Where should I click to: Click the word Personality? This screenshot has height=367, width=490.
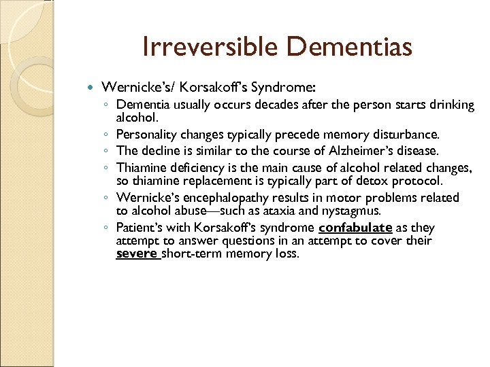[x=145, y=135]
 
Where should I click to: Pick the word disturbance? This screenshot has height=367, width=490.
[x=405, y=135]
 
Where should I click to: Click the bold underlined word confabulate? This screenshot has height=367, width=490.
[x=355, y=227]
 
